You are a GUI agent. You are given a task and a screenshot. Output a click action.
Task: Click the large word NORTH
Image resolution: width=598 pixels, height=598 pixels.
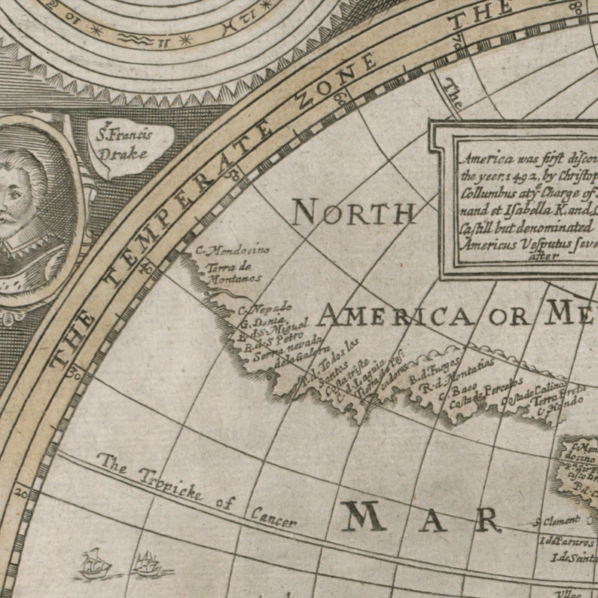pyautogui.click(x=353, y=213)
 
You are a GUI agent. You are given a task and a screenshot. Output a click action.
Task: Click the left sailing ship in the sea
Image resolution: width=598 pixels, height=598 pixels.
pyautogui.click(x=96, y=564)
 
